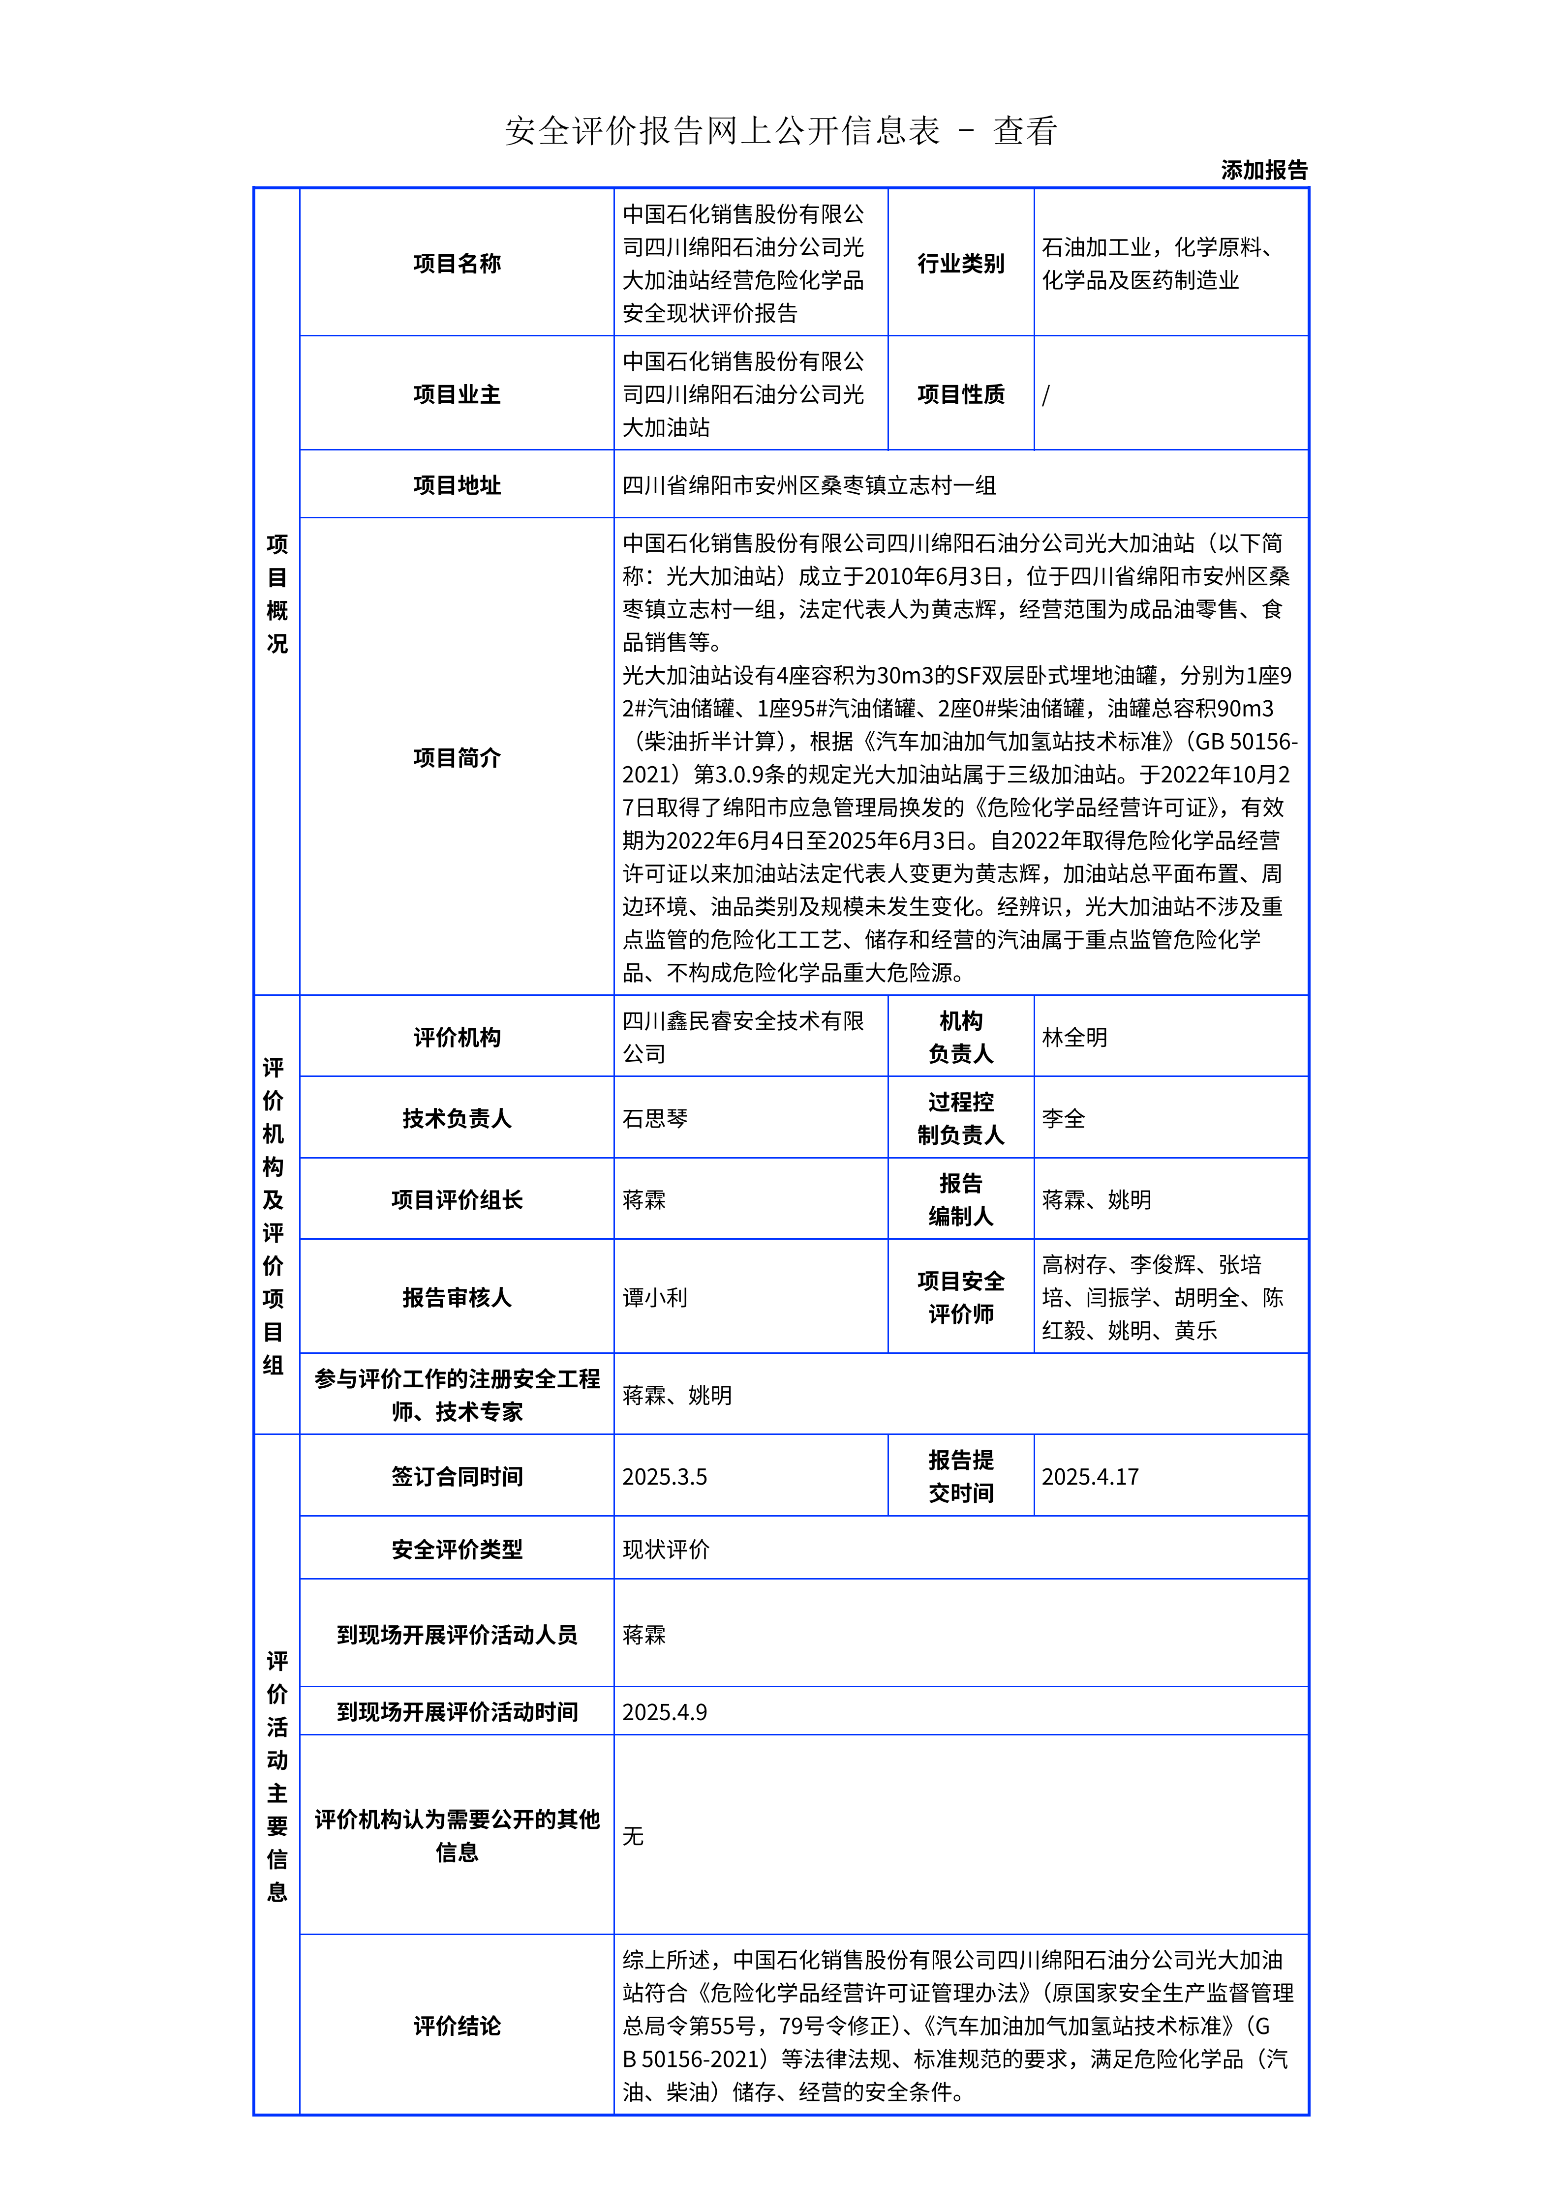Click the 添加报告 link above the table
1264,170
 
